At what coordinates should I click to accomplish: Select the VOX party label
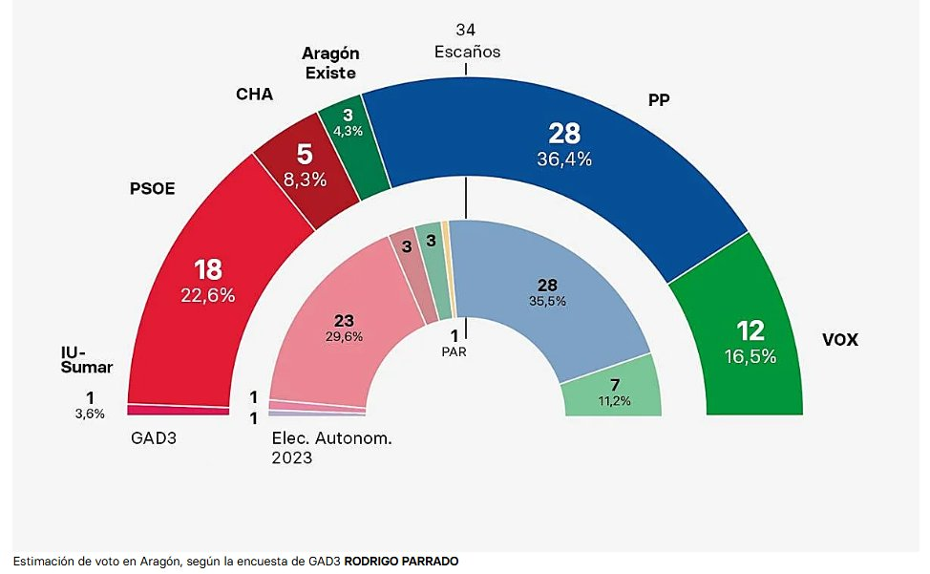point(840,339)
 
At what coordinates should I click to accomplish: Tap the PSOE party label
point(153,188)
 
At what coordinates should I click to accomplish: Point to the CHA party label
point(254,94)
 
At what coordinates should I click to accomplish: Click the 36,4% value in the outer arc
point(563,159)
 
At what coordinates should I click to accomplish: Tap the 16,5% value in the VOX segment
point(750,357)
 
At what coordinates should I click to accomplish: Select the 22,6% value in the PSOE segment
point(208,295)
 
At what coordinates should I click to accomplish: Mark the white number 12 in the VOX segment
point(750,331)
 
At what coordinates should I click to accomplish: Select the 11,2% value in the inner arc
point(615,400)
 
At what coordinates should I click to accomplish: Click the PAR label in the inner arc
point(454,351)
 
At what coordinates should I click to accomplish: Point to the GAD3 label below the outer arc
point(154,439)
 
